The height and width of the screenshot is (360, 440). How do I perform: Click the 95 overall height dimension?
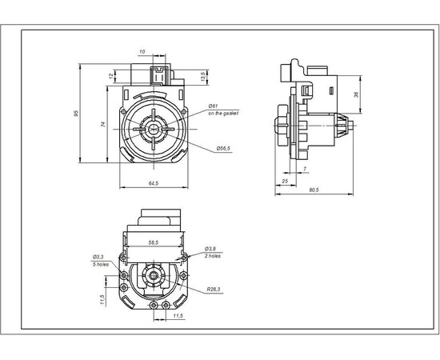(77, 114)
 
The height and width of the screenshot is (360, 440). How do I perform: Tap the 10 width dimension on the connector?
(142, 52)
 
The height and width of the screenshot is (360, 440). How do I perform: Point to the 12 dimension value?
(110, 76)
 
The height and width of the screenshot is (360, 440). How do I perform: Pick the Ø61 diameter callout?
(214, 106)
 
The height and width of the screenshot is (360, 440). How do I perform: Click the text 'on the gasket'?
(223, 114)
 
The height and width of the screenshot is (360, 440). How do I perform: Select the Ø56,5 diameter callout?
(224, 148)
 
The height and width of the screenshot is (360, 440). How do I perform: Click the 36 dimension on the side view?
(356, 94)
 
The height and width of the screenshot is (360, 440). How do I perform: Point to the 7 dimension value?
(305, 169)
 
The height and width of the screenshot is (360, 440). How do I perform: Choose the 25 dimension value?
(286, 182)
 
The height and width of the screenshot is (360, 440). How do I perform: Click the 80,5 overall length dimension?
(314, 190)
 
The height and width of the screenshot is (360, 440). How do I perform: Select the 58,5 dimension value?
(152, 241)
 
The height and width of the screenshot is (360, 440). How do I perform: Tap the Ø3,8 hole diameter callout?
(209, 248)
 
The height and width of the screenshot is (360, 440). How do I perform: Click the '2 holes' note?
(211, 255)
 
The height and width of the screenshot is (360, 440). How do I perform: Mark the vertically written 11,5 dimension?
(103, 299)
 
